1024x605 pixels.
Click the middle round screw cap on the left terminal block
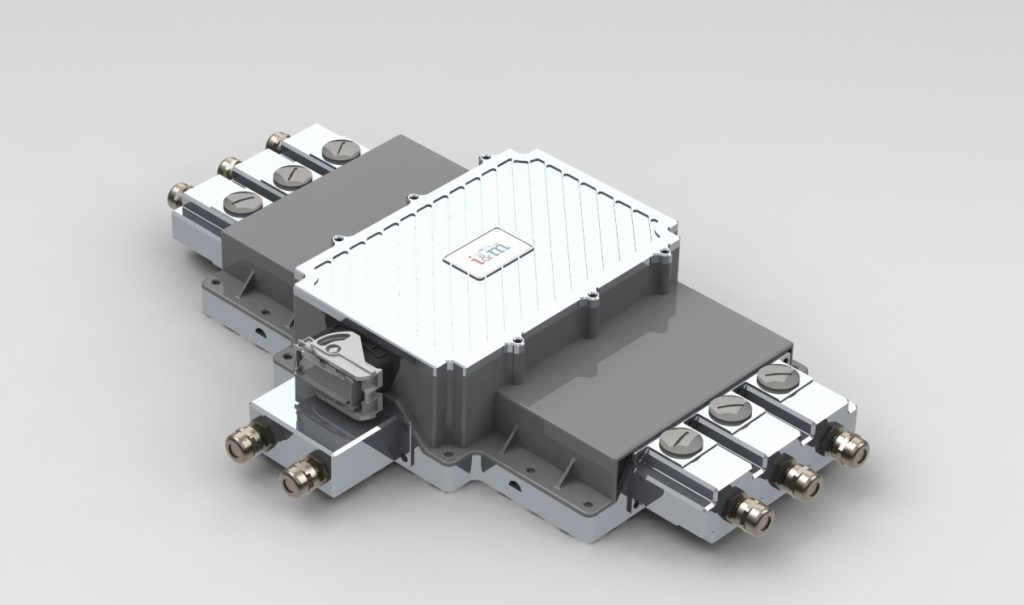(x=291, y=176)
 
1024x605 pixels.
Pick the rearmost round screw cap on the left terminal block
(x=337, y=151)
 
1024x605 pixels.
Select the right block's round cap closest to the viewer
(x=679, y=439)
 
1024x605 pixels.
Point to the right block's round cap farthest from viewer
(x=775, y=379)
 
